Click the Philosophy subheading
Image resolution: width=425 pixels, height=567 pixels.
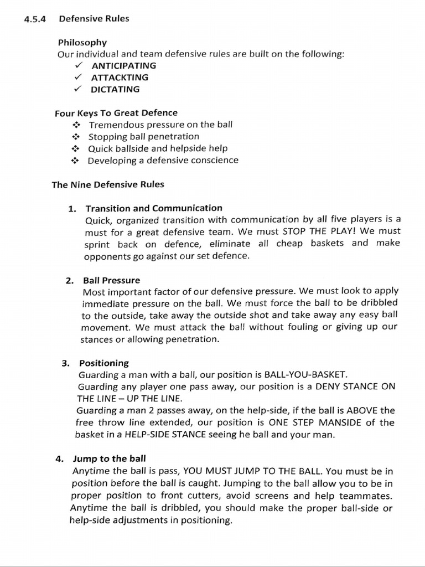pyautogui.click(x=82, y=42)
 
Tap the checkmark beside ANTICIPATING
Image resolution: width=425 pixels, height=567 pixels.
pyautogui.click(x=79, y=65)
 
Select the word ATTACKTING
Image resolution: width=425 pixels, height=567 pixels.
pyautogui.click(x=120, y=78)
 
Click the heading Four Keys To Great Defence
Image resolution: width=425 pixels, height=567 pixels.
pyautogui.click(x=116, y=113)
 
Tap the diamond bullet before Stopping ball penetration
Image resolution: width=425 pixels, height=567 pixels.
pyautogui.click(x=76, y=137)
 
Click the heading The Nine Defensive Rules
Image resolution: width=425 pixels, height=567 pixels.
pyautogui.click(x=108, y=184)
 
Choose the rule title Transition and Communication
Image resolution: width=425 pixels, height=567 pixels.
pyautogui.click(x=154, y=208)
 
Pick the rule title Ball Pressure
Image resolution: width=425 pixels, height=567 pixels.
pyautogui.click(x=111, y=280)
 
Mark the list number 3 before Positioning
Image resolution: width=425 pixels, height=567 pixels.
pyautogui.click(x=65, y=364)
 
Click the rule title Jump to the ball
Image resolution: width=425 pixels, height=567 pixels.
pyautogui.click(x=110, y=459)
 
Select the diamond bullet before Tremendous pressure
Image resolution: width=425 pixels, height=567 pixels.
pyautogui.click(x=76, y=125)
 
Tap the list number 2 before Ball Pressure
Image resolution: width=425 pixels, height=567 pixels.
pyautogui.click(x=69, y=281)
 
